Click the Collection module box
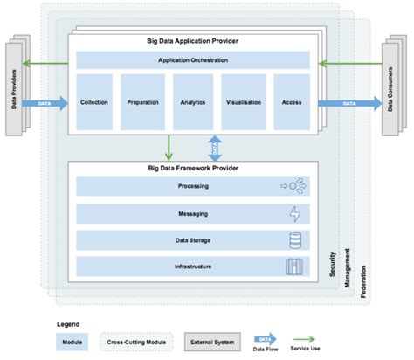pyautogui.click(x=93, y=102)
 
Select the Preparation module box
pyautogui.click(x=142, y=102)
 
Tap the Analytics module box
pyautogui.click(x=192, y=102)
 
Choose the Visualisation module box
pyautogui.click(x=243, y=102)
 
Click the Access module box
pyautogui.click(x=291, y=102)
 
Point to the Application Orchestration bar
pyautogui.click(x=193, y=60)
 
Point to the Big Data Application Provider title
pyautogui.click(x=193, y=41)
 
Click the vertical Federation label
pyautogui.click(x=363, y=280)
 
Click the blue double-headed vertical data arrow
pyautogui.click(x=214, y=146)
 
